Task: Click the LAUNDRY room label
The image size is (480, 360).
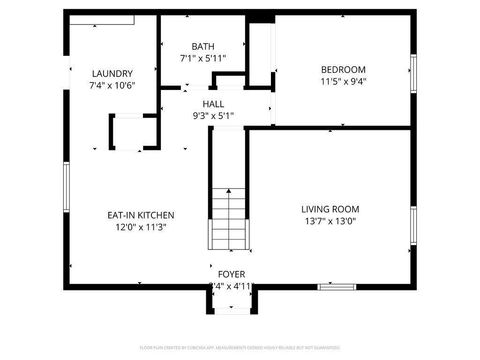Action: tap(112, 73)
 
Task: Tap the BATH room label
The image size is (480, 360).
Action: tap(203, 46)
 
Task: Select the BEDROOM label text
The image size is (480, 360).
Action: tap(343, 69)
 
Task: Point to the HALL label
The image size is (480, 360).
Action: tap(213, 103)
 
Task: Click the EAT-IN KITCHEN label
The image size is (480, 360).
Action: tap(141, 215)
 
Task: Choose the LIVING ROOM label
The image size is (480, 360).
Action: tap(329, 209)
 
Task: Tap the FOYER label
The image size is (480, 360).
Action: tap(230, 273)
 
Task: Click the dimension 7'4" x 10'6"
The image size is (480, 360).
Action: tap(112, 85)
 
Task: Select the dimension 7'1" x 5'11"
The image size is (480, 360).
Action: tap(203, 58)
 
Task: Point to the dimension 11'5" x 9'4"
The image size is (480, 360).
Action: tap(343, 81)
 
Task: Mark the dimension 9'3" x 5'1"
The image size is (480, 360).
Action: tap(213, 115)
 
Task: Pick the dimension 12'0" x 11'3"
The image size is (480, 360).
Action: tap(141, 227)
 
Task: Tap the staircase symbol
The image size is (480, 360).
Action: tap(229, 219)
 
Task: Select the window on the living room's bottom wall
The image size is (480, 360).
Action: tap(337, 287)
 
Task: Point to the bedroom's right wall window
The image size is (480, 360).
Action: tap(413, 75)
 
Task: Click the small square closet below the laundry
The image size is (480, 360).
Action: tap(128, 132)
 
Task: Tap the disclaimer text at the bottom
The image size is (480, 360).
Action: tap(239, 348)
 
